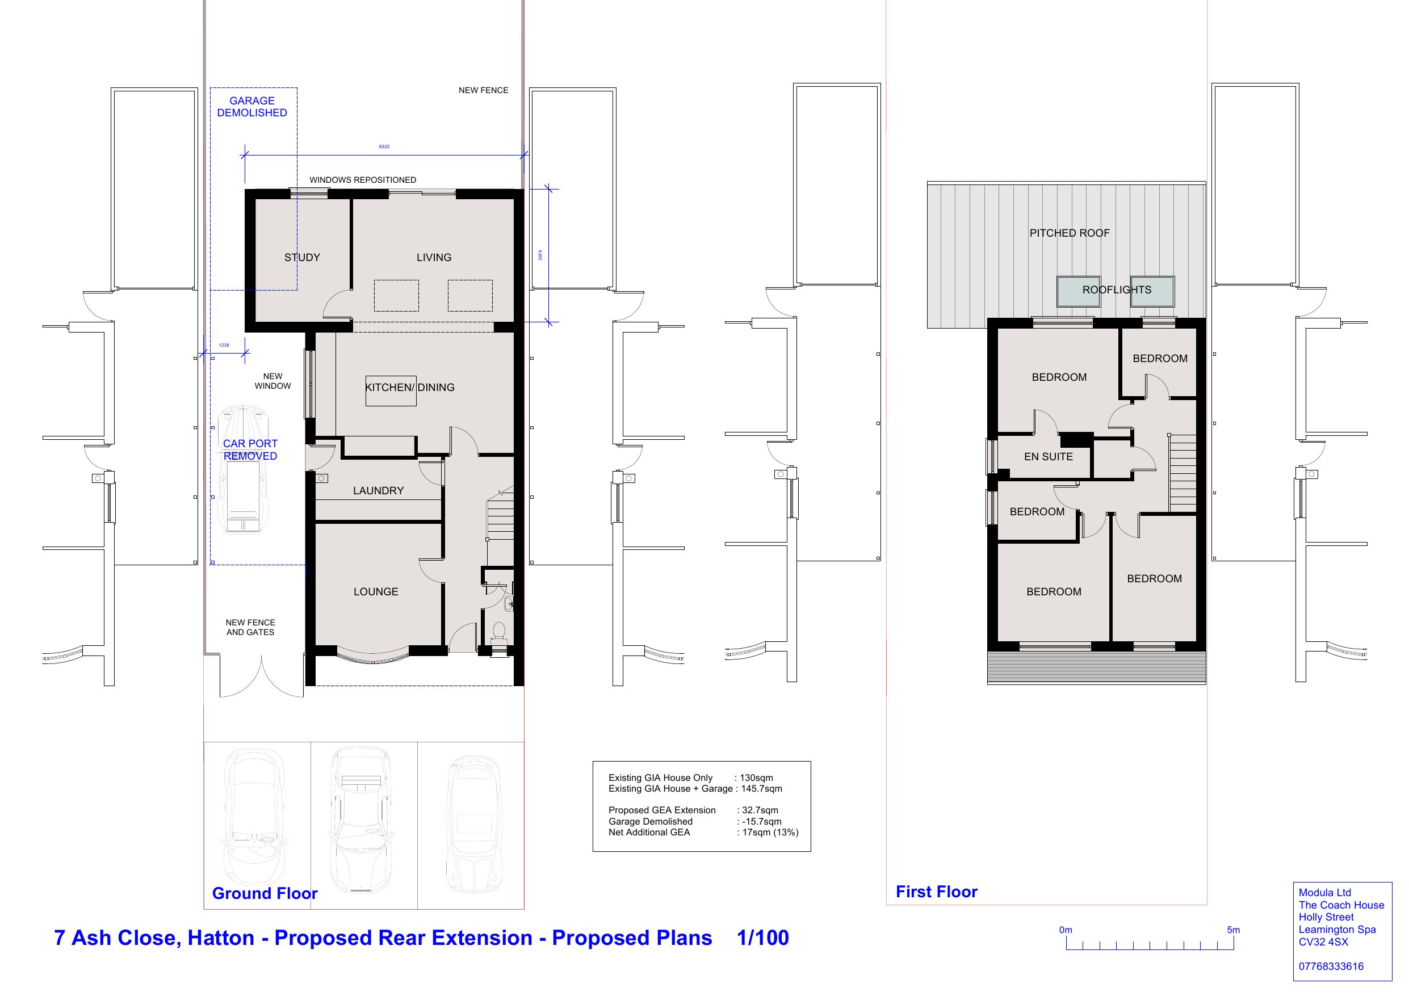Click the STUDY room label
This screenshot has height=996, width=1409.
tap(302, 258)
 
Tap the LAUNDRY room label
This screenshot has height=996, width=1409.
tap(378, 491)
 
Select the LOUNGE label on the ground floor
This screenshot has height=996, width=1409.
tap(376, 592)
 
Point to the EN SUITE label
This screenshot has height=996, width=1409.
tap(1048, 457)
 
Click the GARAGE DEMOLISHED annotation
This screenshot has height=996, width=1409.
tap(251, 107)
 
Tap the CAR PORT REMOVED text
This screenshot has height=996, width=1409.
tap(250, 450)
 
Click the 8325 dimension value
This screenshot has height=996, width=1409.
tap(384, 146)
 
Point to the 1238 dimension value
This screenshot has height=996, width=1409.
tap(224, 345)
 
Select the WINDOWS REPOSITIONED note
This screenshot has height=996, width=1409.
tap(363, 180)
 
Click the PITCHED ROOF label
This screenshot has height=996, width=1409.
tap(1070, 233)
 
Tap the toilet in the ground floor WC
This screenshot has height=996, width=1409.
tap(499, 633)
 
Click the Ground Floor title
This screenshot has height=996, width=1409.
tap(265, 893)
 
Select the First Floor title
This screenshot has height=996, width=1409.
tap(937, 892)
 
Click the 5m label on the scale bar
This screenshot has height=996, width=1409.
tap(1234, 930)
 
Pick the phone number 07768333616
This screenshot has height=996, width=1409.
tap(1331, 966)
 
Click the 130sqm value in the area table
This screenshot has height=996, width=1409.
tap(756, 778)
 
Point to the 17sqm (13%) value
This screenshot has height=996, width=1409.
tap(770, 833)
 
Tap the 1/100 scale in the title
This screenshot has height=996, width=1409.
tap(763, 938)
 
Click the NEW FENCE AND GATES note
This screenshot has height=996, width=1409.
tap(250, 627)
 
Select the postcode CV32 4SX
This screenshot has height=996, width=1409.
tap(1323, 942)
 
